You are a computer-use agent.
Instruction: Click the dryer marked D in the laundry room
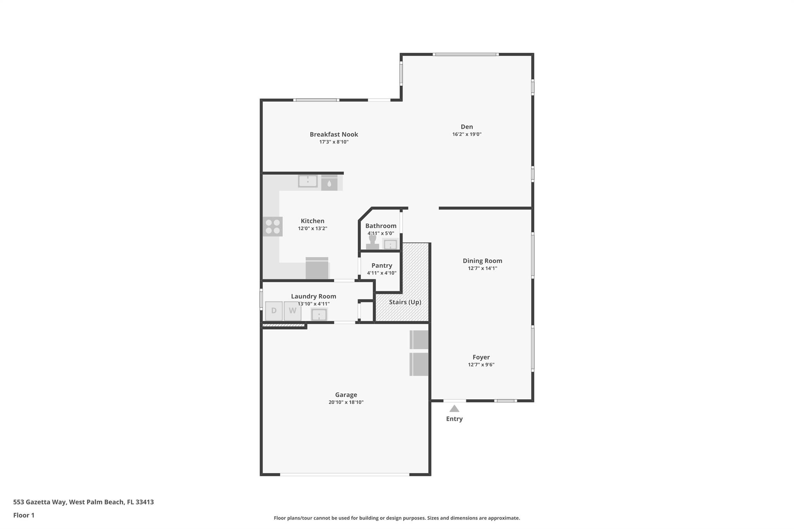click(274, 311)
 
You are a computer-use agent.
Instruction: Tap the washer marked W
click(292, 311)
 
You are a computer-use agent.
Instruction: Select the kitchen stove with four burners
click(273, 227)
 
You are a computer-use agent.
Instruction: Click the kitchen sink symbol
click(308, 181)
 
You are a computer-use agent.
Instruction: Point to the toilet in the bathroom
click(373, 242)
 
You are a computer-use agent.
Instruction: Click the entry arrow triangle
click(454, 408)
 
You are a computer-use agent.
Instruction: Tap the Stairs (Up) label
click(405, 302)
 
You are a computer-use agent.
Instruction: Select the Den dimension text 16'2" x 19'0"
click(467, 134)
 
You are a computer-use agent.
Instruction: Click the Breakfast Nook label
click(334, 134)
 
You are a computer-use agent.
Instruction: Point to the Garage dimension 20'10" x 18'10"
click(346, 402)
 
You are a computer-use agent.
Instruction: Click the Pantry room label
click(381, 265)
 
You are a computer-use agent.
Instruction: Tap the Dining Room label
click(482, 261)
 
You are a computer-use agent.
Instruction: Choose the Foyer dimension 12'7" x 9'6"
click(481, 365)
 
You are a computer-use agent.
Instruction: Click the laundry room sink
click(319, 315)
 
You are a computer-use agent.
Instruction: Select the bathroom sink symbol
click(390, 245)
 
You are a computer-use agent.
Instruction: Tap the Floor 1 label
click(24, 515)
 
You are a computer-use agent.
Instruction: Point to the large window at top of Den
click(466, 54)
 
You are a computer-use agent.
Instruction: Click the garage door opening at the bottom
click(344, 474)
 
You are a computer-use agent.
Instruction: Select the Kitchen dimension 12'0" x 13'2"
click(312, 229)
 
